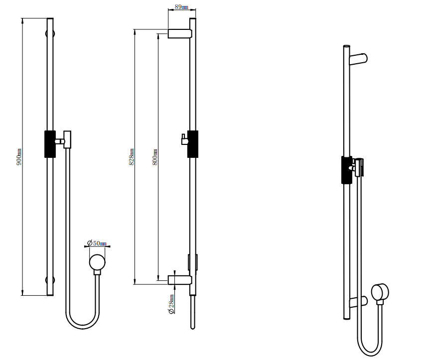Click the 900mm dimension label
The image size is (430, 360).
19,157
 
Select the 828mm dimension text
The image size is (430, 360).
132,157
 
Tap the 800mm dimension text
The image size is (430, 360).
155,157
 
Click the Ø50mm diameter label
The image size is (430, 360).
97,243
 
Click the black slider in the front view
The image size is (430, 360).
50,144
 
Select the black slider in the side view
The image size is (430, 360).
193,144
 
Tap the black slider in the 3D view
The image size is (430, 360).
346,169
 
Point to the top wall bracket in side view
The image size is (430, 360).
179,33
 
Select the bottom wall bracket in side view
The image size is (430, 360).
179,279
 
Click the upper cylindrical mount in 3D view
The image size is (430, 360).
358,59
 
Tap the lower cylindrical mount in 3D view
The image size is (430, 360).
358,301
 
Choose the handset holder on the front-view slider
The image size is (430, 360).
66,140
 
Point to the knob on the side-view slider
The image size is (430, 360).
183,140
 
